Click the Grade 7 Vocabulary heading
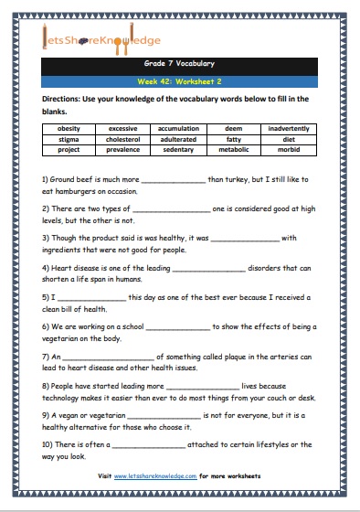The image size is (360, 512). point(179,64)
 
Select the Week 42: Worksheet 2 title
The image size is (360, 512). point(179,80)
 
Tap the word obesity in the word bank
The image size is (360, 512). point(69,128)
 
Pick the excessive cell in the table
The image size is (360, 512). point(122,128)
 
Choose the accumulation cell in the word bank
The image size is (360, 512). point(178,128)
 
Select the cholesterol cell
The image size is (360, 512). point(122,138)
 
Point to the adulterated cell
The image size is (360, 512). point(178,138)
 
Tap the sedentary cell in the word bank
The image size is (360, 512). point(178,148)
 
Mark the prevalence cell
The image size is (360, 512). point(122,148)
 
